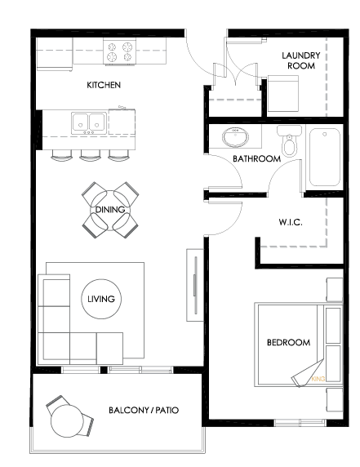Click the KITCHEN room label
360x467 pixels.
[104, 85]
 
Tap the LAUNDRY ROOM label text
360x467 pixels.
[301, 60]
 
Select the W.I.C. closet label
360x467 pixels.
[291, 222]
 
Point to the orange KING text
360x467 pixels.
[318, 379]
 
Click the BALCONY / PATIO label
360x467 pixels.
[144, 411]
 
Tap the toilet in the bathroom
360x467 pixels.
[289, 140]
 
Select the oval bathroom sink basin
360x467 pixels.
[235, 137]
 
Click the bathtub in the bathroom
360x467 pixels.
[325, 158]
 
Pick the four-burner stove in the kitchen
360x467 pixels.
[120, 51]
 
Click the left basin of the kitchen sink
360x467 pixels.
[80, 123]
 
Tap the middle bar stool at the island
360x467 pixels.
[90, 155]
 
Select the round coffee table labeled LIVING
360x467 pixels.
[101, 299]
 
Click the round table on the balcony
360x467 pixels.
[66, 420]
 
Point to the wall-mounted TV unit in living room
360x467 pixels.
[195, 285]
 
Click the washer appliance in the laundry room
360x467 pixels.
[283, 94]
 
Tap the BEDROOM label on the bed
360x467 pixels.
[288, 343]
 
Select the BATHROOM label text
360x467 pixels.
[256, 158]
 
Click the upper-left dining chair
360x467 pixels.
[94, 193]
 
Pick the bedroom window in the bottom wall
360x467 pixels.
[300, 423]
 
